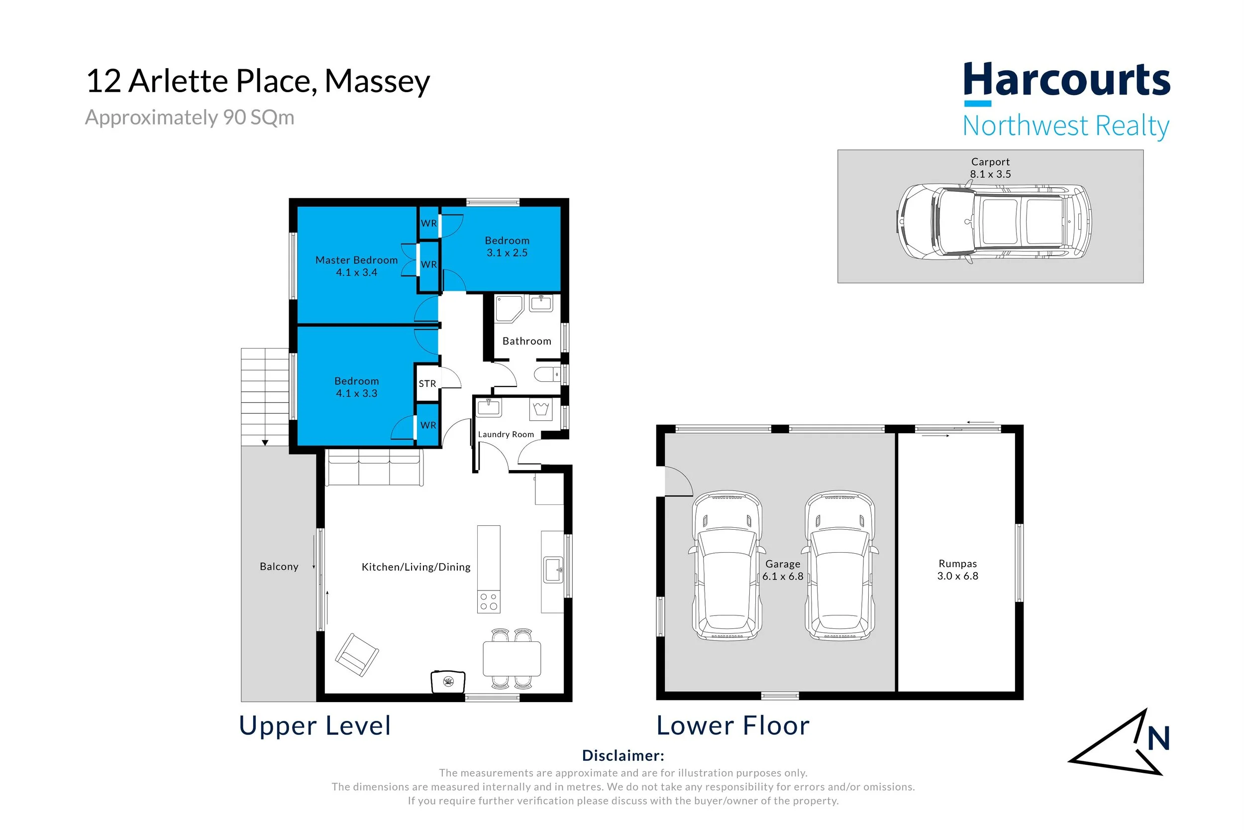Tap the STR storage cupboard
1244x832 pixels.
pos(427,383)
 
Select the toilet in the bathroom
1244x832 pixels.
pos(547,374)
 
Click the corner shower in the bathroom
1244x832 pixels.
pos(509,309)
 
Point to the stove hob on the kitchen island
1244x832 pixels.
pos(488,601)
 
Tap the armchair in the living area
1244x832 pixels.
pos(357,655)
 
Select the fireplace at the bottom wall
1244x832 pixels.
pos(448,681)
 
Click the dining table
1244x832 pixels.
pos(512,659)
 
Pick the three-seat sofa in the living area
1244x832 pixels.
pos(374,468)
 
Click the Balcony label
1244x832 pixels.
pos(279,567)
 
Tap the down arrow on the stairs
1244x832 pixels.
pos(265,443)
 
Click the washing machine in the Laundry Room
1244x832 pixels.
pos(541,410)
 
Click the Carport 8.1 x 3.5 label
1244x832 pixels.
pos(991,168)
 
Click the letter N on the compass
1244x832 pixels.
pos(1158,738)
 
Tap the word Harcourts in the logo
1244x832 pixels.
pos(1067,80)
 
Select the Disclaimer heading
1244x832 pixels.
pos(623,756)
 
